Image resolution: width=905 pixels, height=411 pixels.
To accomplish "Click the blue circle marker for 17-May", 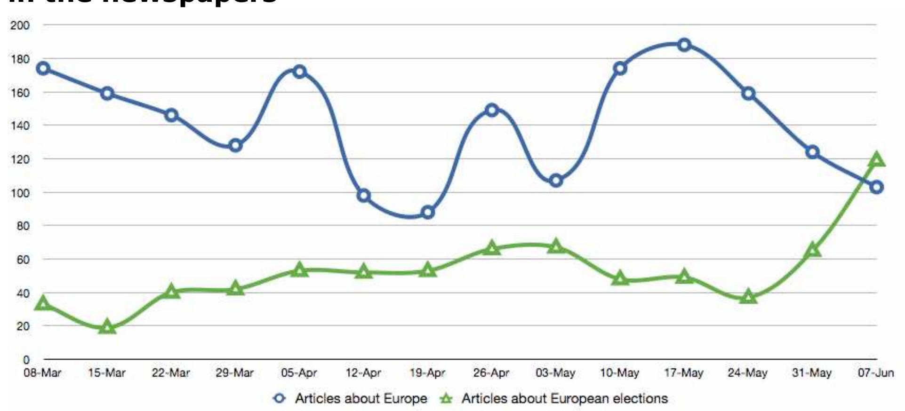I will click(684, 45).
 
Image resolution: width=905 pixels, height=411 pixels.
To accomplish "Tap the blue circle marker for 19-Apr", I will click(428, 213).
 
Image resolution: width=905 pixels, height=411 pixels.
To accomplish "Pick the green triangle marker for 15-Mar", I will click(107, 327).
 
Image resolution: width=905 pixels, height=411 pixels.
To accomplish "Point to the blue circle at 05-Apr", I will click(299, 71).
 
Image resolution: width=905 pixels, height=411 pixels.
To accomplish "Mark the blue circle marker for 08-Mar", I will click(43, 69).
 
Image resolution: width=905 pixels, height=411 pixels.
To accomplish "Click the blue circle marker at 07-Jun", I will click(876, 187).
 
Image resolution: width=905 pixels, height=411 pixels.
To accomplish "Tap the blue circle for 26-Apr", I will click(492, 110).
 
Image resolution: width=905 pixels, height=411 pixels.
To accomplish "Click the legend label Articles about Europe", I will click(361, 399).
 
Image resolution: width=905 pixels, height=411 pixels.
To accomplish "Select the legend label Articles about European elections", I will click(564, 399).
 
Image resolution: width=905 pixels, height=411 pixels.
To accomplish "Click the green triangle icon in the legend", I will click(446, 399).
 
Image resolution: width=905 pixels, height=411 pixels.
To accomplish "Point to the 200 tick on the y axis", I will click(20, 25).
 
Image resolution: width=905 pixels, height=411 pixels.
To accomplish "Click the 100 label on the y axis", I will click(20, 193).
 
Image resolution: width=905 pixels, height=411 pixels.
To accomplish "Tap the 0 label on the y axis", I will click(26, 360).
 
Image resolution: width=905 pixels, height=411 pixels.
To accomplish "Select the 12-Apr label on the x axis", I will click(363, 373).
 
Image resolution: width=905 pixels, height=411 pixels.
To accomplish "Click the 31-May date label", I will click(812, 373).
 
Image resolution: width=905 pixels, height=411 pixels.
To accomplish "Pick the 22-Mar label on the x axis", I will click(171, 373).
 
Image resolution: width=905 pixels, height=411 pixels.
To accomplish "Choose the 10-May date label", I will click(620, 373).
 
